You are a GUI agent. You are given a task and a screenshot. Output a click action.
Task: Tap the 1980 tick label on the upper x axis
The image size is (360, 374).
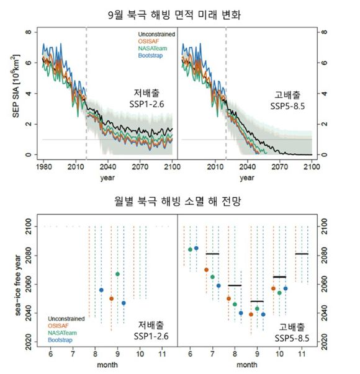43,167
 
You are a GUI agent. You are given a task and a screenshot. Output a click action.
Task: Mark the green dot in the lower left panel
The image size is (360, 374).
117,274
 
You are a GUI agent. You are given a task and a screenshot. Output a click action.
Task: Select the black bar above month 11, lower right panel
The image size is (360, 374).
302,254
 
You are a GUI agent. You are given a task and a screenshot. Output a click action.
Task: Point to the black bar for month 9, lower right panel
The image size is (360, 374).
257,301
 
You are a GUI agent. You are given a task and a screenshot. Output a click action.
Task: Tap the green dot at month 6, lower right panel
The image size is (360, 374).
190,250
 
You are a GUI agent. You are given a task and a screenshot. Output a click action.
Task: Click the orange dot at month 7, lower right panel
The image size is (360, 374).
207,270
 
